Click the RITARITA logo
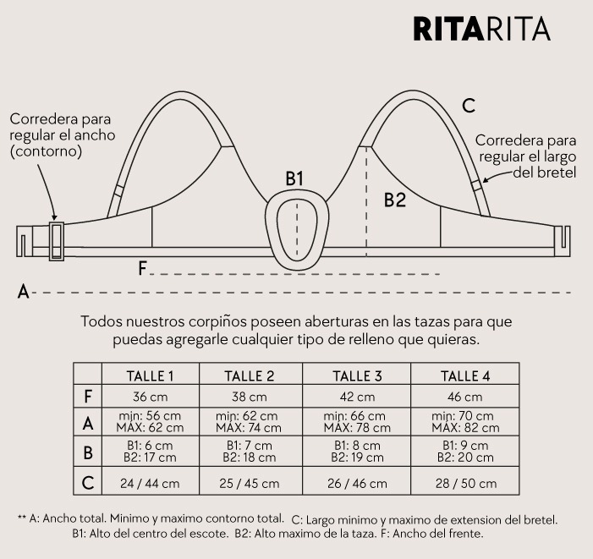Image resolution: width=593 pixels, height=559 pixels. (482, 29)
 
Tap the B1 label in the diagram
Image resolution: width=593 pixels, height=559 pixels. (294, 178)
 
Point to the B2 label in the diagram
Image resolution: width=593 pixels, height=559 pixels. (395, 200)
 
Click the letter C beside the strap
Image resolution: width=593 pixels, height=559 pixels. (469, 106)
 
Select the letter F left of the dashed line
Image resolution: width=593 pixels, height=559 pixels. (142, 269)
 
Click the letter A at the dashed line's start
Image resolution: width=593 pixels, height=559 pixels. (23, 292)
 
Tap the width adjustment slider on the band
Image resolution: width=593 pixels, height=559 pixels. (57, 241)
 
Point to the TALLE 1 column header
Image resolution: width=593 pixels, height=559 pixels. (150, 376)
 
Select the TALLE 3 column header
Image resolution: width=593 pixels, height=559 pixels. (357, 376)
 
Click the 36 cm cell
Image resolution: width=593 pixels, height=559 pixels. (150, 397)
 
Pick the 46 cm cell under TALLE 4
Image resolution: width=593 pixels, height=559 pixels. (464, 397)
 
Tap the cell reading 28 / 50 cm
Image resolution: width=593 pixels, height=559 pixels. (466, 484)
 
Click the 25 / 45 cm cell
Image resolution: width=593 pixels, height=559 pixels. (250, 484)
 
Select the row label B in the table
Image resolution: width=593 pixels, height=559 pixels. (88, 452)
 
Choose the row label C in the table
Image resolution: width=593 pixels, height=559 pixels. (88, 483)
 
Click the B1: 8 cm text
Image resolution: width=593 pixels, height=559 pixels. (357, 445)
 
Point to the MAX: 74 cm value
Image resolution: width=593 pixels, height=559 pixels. (249, 428)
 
